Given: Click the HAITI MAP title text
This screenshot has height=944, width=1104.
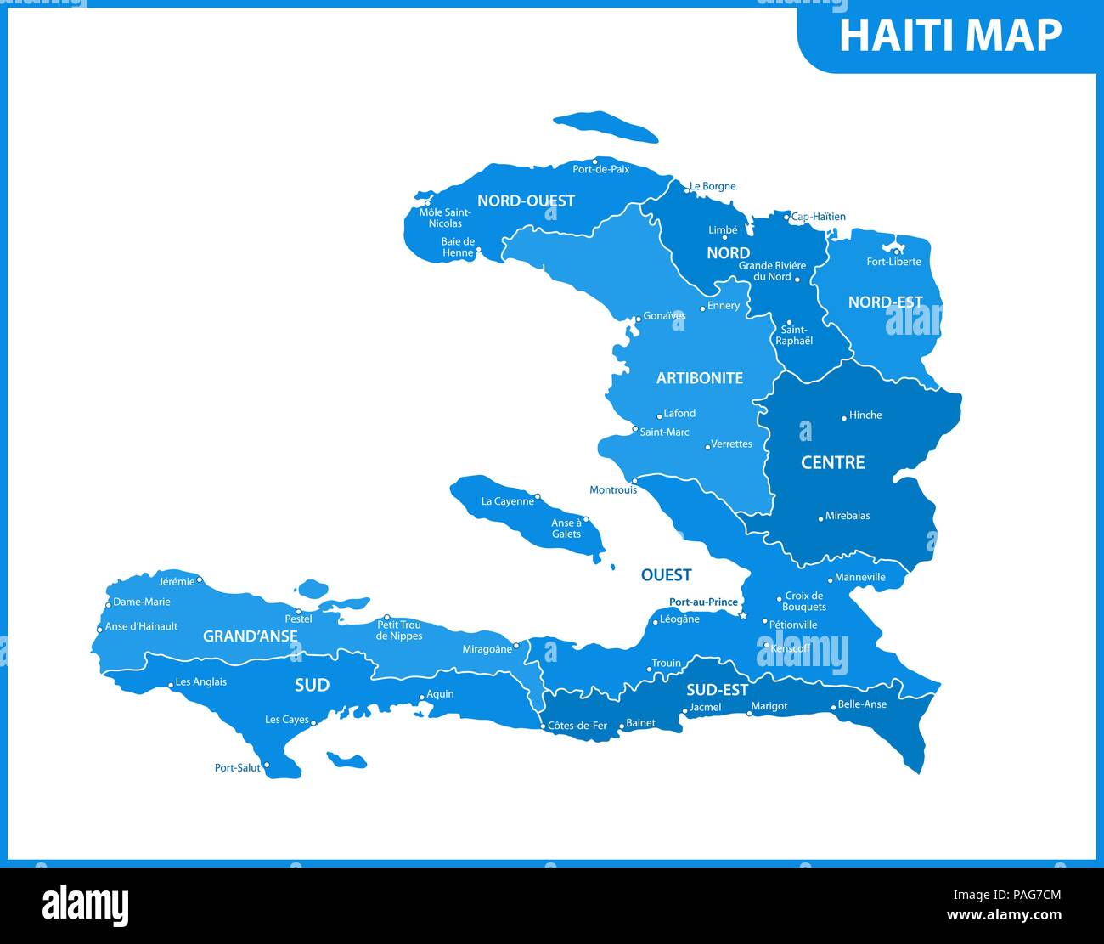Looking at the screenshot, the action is pos(949,36).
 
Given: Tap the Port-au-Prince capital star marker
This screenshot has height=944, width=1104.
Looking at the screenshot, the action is pos(743,615).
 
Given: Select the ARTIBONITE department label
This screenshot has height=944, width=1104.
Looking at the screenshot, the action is pos(699,378).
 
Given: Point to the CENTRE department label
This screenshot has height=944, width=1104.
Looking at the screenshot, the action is pos(832,462).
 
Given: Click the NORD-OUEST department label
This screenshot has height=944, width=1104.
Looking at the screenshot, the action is pos(526,201).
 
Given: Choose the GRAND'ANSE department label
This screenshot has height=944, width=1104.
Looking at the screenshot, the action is pos(250,636).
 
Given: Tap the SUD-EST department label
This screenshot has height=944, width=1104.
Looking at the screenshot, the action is pos(717,690).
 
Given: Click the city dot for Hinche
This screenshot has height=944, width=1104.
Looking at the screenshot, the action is pos(844,417).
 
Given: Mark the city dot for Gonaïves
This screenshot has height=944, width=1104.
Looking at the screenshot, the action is pos(638,319).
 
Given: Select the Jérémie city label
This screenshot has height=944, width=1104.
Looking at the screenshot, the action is pos(177,582).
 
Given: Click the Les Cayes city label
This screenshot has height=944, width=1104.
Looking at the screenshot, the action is pos(287,720).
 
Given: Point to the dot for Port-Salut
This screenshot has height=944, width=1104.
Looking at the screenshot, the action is pos(267,765).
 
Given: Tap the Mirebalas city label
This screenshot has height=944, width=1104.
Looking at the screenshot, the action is pos(848,516).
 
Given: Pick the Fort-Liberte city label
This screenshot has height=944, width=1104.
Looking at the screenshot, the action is pos(893,262).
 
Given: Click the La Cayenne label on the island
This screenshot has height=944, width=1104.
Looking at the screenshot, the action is pos(508,501).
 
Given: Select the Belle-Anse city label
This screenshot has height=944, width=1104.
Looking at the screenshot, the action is pos(862,704).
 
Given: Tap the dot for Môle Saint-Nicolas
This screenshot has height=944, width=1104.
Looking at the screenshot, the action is pos(427,204).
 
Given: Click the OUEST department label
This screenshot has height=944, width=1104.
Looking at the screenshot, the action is pos(666,575).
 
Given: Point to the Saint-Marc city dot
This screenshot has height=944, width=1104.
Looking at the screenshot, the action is pos(634,429).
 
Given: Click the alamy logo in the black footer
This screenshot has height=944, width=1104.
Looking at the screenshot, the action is pos(85,906).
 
